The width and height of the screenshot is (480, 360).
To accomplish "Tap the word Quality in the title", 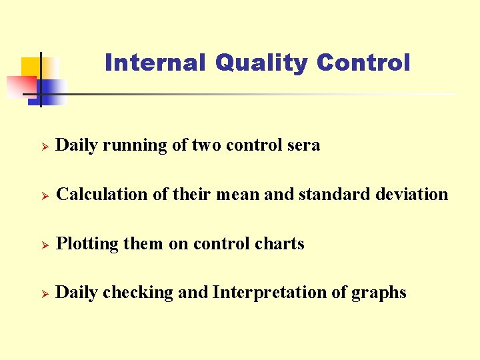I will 261,63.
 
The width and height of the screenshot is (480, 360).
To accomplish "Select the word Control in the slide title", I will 363,63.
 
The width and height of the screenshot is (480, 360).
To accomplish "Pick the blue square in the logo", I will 53,90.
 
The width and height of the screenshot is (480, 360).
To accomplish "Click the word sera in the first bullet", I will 304,145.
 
